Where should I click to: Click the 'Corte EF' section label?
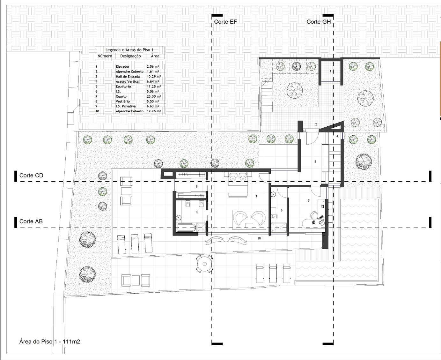coord(225,22)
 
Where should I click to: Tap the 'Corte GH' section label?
coord(319,22)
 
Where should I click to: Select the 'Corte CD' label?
coord(31,176)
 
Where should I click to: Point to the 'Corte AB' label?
coord(31,221)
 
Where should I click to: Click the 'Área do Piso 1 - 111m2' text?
coord(50,341)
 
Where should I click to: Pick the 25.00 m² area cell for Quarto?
coord(154,96)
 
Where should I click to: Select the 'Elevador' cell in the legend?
coord(122,67)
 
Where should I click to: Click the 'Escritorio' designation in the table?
coord(123,86)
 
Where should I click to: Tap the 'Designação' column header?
coord(130,56)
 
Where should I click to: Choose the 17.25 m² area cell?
coord(154,111)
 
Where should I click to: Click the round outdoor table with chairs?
coord(204,264)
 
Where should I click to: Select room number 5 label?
coord(309,200)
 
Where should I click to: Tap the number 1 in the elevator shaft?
coord(331,71)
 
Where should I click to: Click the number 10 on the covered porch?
coord(259,238)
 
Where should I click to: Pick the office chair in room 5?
coord(313,215)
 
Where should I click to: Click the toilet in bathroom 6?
coord(274,216)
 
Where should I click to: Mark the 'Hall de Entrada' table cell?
coord(128,77)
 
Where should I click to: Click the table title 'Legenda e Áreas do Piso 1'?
coord(129,50)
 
